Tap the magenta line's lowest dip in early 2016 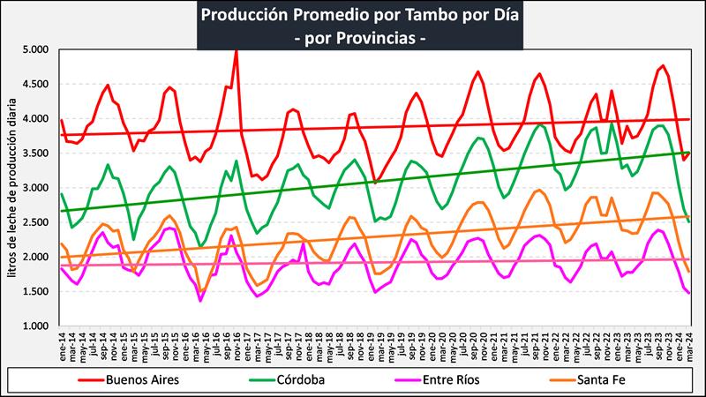tap(200, 300)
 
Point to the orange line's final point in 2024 tap(688, 272)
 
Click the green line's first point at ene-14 tap(62, 194)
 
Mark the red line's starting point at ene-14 tap(62, 120)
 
